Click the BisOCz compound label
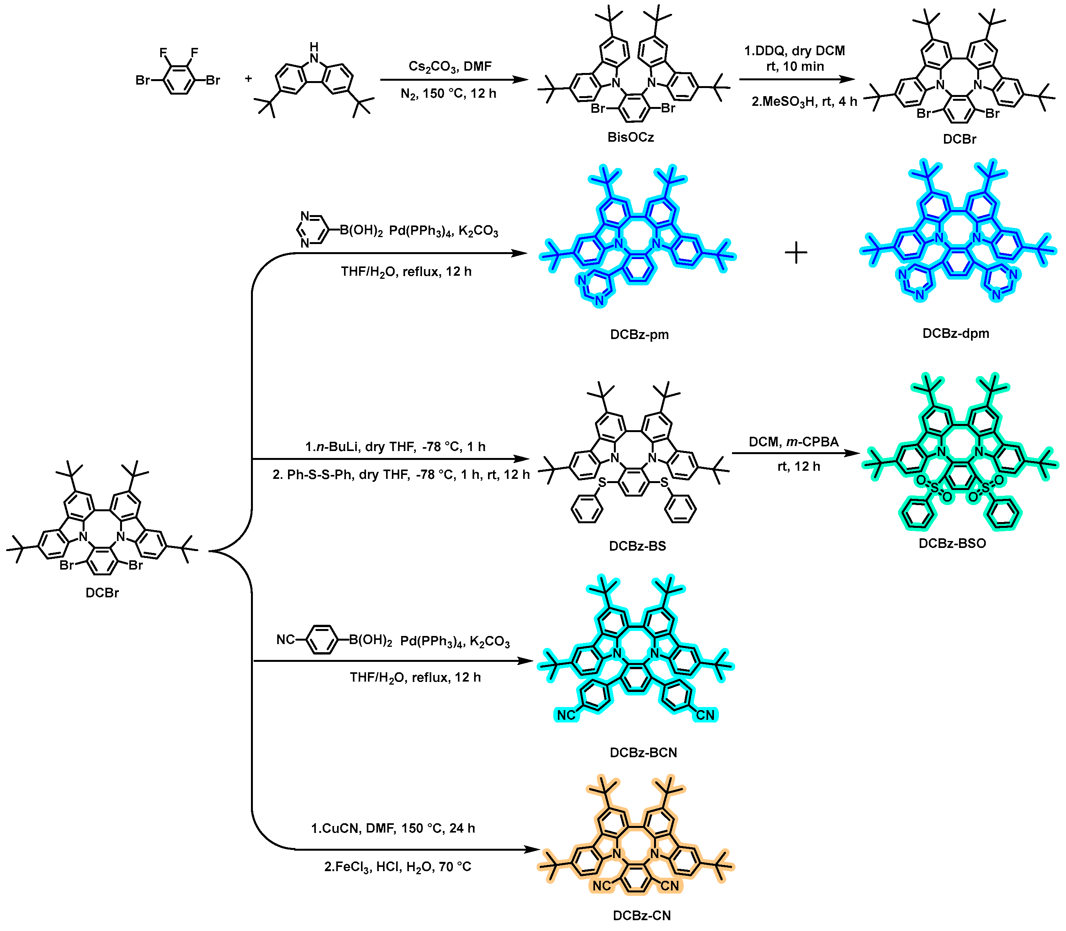[630, 138]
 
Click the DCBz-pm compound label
[639, 334]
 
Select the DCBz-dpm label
[955, 334]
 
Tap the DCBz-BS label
[637, 546]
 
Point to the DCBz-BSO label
[952, 543]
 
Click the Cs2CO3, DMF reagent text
[449, 66]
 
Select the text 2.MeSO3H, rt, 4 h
[804, 102]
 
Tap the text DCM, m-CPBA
[793, 442]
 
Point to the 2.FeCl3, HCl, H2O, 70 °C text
[397, 867]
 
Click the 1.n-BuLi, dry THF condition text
[395, 447]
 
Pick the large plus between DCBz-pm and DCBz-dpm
[795, 254]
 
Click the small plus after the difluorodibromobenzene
[248, 79]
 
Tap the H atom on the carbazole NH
[314, 47]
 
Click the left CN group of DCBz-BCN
[566, 716]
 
